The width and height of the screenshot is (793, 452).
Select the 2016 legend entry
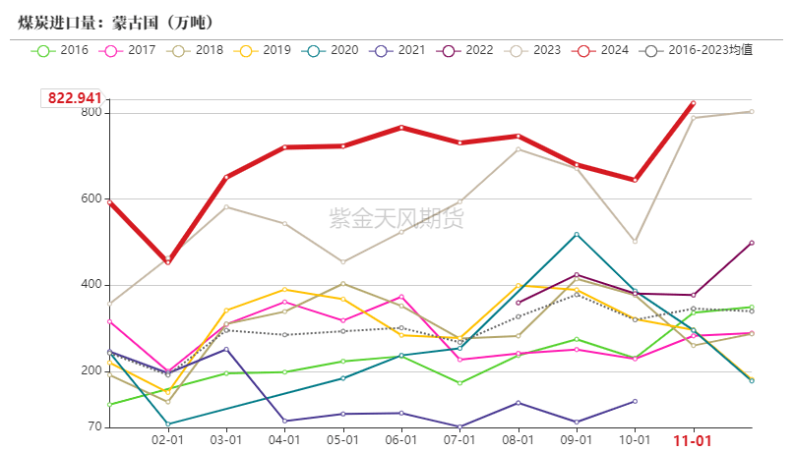tap(60, 49)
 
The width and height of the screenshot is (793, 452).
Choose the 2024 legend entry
tap(603, 49)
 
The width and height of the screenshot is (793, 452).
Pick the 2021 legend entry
tap(399, 49)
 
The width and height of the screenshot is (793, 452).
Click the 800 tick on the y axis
tap(91, 112)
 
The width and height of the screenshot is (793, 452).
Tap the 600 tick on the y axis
tap(91, 198)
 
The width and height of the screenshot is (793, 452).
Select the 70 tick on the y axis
tap(94, 427)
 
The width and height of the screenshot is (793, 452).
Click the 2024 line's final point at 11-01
tap(693, 102)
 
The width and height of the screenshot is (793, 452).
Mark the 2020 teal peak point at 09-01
tap(577, 234)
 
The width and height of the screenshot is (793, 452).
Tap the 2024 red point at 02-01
tap(168, 261)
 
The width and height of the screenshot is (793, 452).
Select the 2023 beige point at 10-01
tap(635, 241)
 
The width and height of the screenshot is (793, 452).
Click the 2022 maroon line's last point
tap(752, 243)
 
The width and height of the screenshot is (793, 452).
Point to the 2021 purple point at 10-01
tap(635, 401)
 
